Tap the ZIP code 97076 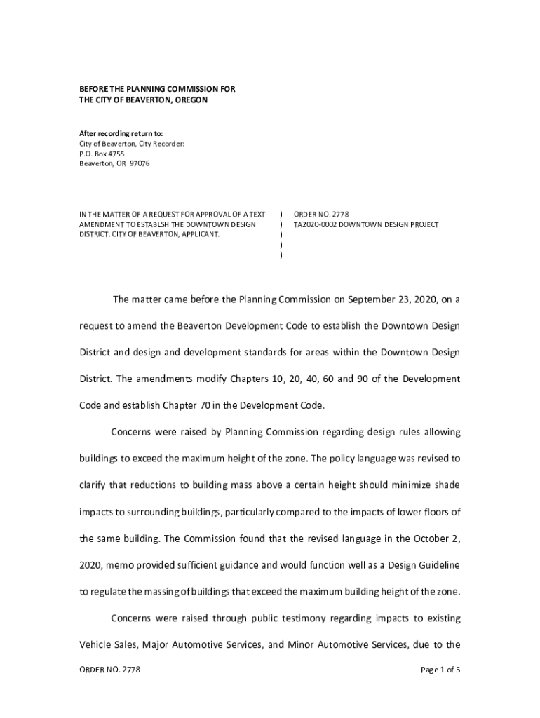point(139,163)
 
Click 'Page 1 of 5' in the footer point(440,670)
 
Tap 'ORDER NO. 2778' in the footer point(109,670)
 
